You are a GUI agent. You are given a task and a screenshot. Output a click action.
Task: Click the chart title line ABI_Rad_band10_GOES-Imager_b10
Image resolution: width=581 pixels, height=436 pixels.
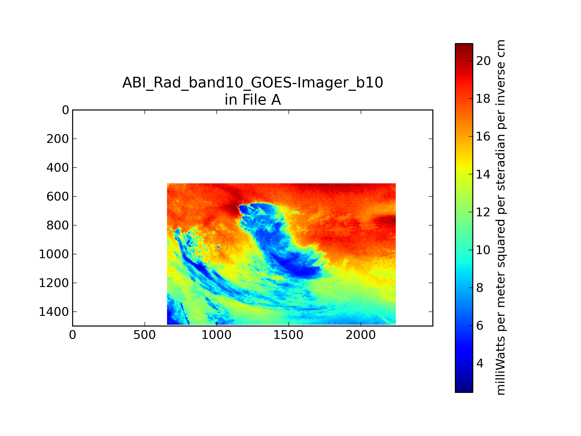click(x=253, y=83)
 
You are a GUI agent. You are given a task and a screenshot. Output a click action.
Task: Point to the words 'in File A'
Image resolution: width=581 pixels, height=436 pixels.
click(x=253, y=100)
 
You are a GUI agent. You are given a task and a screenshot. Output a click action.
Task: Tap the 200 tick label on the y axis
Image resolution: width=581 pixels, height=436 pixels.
click(x=58, y=139)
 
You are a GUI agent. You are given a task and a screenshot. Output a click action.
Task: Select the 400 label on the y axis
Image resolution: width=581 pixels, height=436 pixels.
click(x=58, y=168)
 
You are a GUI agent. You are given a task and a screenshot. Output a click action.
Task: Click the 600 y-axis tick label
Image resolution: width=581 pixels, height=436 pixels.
click(x=58, y=197)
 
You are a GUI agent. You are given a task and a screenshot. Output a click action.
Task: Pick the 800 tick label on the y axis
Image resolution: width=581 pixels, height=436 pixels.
click(x=58, y=226)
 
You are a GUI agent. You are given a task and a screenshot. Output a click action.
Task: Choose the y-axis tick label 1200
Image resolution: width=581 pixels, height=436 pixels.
click(x=54, y=283)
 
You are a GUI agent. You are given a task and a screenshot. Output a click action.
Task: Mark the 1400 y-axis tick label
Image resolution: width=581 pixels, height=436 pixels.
click(x=54, y=312)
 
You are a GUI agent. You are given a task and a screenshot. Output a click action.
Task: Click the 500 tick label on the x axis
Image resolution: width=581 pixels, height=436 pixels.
click(x=145, y=335)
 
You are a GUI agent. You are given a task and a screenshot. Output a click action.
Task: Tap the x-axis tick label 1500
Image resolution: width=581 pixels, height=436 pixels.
click(x=288, y=335)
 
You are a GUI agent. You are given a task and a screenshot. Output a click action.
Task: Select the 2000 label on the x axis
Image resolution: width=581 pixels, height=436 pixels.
click(x=361, y=335)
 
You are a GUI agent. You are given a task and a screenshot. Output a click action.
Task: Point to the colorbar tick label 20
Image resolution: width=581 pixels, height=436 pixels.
click(x=483, y=61)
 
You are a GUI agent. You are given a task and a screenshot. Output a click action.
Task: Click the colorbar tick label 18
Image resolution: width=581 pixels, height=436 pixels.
click(x=483, y=99)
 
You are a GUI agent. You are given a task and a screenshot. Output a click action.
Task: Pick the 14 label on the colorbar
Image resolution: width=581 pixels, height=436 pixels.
click(x=483, y=174)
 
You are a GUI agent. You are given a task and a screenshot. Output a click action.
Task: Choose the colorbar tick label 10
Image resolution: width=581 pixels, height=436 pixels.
click(x=483, y=250)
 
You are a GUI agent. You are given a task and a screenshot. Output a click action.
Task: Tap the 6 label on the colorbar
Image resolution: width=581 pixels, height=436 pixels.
click(x=480, y=326)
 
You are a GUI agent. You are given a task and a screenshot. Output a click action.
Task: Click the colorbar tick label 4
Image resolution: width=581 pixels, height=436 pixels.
click(x=480, y=364)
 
